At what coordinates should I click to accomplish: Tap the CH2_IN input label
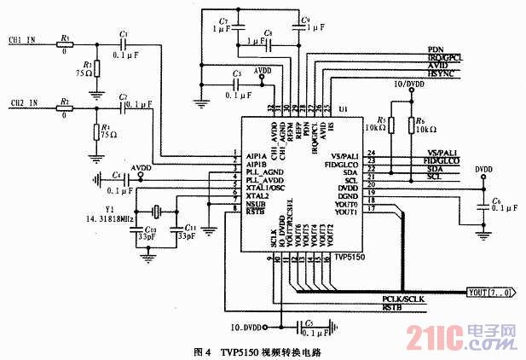coord(24,103)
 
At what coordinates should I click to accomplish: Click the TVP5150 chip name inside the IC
coord(348,255)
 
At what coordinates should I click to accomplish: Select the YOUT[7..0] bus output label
coord(490,293)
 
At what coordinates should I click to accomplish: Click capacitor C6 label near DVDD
coord(497,200)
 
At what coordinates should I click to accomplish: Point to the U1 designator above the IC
coord(343,110)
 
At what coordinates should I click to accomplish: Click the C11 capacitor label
coord(190,229)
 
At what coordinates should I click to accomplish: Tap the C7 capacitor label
coord(223,19)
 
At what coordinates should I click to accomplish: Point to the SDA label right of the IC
coord(434,170)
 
